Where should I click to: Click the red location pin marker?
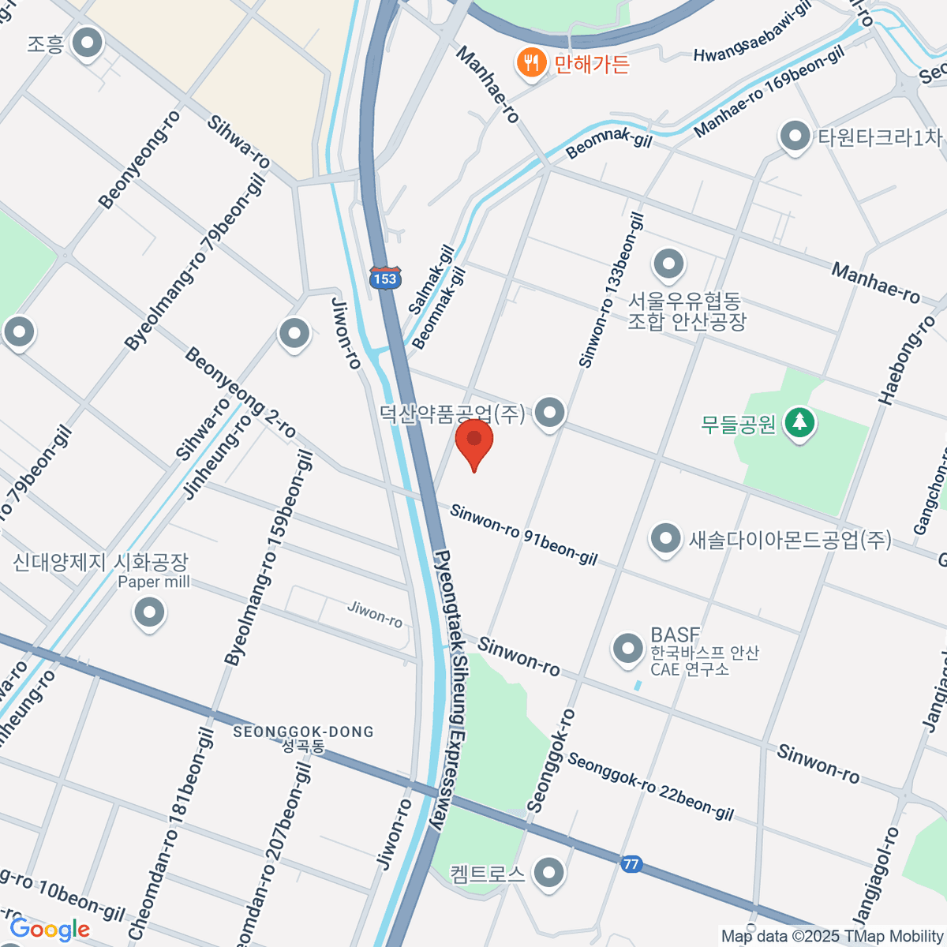[474, 442]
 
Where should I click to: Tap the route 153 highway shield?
[385, 278]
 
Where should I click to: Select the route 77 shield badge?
[630, 864]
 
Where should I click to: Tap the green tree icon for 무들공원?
[800, 423]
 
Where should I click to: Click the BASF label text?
[675, 634]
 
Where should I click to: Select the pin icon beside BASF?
[629, 649]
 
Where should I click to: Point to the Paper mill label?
[154, 582]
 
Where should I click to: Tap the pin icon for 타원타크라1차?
[795, 137]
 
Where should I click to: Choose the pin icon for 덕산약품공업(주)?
[550, 412]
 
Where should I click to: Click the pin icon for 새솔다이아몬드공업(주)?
[665, 539]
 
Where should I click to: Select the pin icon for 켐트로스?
[548, 873]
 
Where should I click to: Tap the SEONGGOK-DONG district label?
[303, 732]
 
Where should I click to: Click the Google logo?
[49, 930]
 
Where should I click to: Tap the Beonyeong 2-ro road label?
[240, 393]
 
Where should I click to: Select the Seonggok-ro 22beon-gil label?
[650, 786]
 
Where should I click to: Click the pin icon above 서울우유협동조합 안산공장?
[669, 263]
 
